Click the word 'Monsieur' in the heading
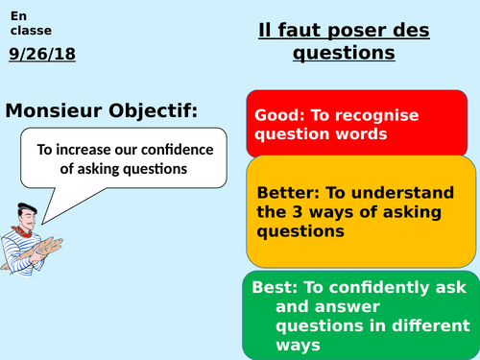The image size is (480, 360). [x=57, y=111]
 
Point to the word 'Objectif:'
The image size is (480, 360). [x=155, y=111]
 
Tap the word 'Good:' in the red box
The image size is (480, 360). [x=276, y=115]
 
